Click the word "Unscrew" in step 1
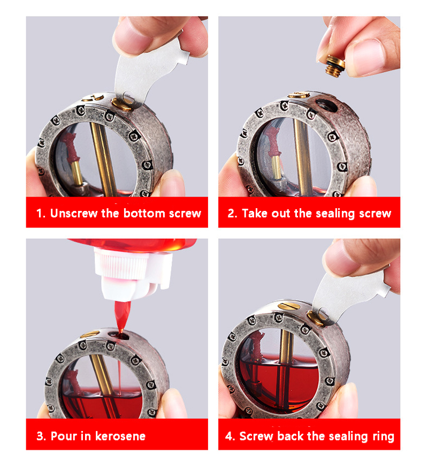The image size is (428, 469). click(x=73, y=213)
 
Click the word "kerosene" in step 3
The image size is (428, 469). click(x=120, y=436)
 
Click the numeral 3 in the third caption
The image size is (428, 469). click(x=40, y=436)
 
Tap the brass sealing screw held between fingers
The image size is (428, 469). click(x=335, y=66)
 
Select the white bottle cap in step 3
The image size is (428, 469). click(x=134, y=274)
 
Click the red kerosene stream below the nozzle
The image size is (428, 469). click(x=122, y=316)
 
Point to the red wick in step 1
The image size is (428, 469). click(x=70, y=147)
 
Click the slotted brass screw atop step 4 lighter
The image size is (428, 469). click(x=289, y=306)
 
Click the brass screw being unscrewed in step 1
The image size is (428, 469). click(x=122, y=103)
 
